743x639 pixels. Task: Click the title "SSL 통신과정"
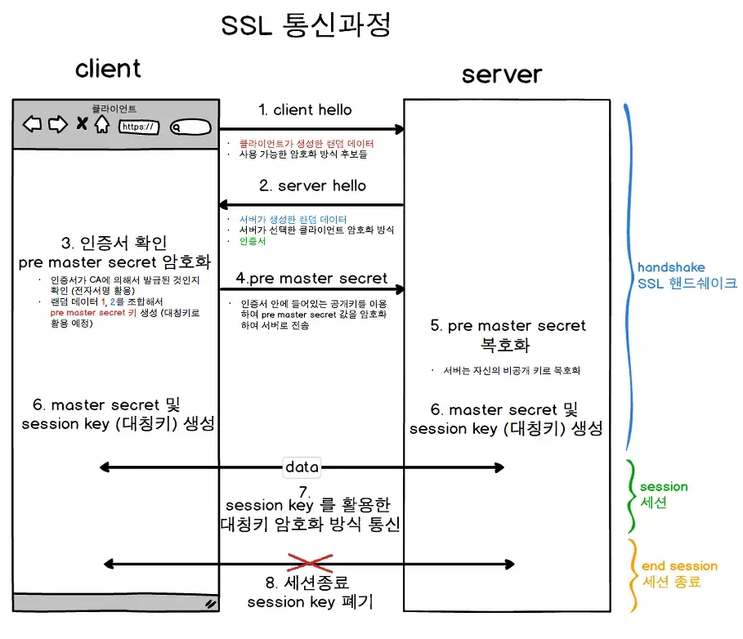coord(307,25)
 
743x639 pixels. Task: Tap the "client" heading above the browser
coord(108,69)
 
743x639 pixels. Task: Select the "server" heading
coord(501,74)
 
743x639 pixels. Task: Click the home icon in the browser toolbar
coord(101,124)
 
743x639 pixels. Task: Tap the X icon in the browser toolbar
coord(82,124)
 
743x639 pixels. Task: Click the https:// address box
coord(139,127)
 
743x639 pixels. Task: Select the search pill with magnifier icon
coord(190,127)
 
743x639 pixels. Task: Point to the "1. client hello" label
coord(305,109)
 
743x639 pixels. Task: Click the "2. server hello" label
coord(312,185)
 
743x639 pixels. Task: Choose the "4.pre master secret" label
coord(311,278)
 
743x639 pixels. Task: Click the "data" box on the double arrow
coord(302,467)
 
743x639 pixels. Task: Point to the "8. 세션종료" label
coord(306,583)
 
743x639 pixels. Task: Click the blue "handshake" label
coord(671,267)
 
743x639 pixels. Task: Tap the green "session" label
coord(664,486)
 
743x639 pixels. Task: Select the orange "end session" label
coord(679,565)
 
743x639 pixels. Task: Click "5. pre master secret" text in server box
coord(508,325)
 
